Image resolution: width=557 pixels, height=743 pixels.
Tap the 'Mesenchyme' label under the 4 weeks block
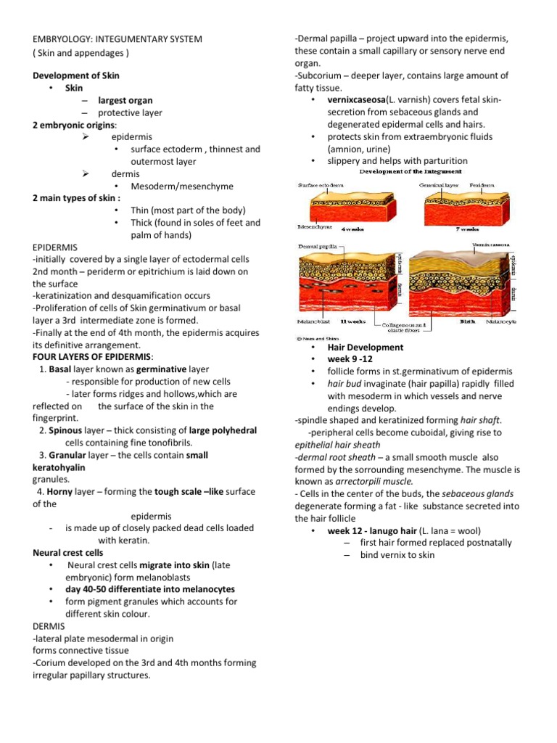pos(314,227)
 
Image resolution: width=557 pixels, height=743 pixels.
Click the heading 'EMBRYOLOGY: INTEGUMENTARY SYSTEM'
pos(117,38)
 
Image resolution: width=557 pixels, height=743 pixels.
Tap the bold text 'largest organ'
pos(125,100)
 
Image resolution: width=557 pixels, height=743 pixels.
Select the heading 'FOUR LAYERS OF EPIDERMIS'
pos(92,357)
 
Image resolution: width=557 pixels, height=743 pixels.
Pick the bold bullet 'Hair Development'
pos(365,347)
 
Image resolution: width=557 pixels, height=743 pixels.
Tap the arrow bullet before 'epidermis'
pos(85,136)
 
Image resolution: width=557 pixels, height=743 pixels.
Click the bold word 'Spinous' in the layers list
pos(66,430)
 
